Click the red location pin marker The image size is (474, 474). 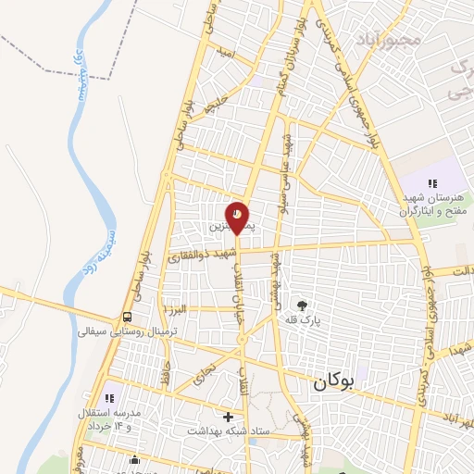pos(238,218)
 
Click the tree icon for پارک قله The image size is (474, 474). pos(302,304)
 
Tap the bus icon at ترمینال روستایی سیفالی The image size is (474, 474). pos(127,315)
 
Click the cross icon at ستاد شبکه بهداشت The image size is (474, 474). pos(229,417)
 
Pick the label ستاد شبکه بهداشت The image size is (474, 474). pos(228,431)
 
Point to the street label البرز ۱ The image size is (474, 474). pos(175,307)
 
